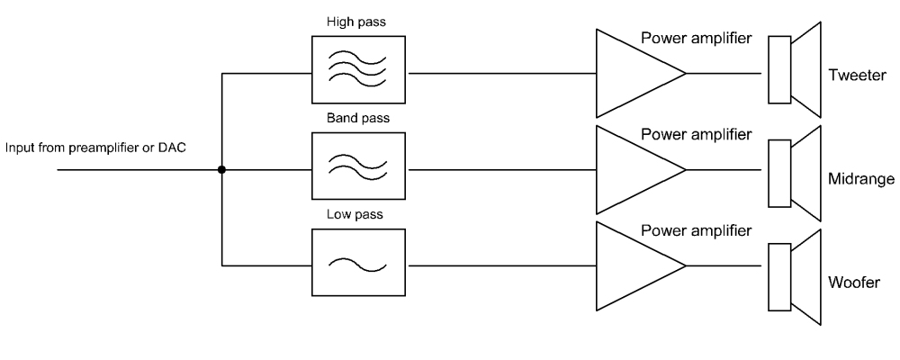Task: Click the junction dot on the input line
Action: pyautogui.click(x=221, y=168)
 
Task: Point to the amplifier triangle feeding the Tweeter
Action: pyautogui.click(x=634, y=72)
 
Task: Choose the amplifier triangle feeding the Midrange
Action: pyautogui.click(x=634, y=168)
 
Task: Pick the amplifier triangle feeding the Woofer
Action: pyautogui.click(x=634, y=265)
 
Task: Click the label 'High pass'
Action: pyautogui.click(x=357, y=21)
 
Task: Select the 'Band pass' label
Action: pyautogui.click(x=357, y=117)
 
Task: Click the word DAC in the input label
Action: pyautogui.click(x=173, y=147)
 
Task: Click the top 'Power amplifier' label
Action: pyautogui.click(x=696, y=39)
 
